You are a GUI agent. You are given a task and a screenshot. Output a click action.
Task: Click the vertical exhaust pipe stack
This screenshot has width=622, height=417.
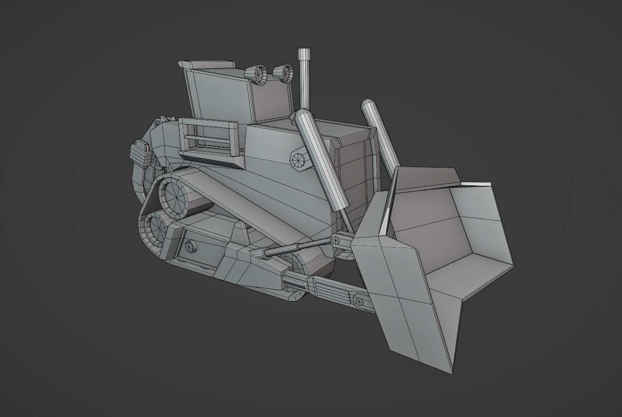(304, 85)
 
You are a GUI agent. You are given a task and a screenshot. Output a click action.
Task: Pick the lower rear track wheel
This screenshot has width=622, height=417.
(158, 227)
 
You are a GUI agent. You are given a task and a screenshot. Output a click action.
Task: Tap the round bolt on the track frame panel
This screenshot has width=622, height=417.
(190, 246)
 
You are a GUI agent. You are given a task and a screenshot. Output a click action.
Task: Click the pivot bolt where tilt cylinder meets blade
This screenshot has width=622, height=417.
(336, 239)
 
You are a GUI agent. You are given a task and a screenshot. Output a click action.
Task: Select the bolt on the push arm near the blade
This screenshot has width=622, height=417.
(358, 301)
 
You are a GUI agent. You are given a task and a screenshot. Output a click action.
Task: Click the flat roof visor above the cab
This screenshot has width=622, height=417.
(207, 65)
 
